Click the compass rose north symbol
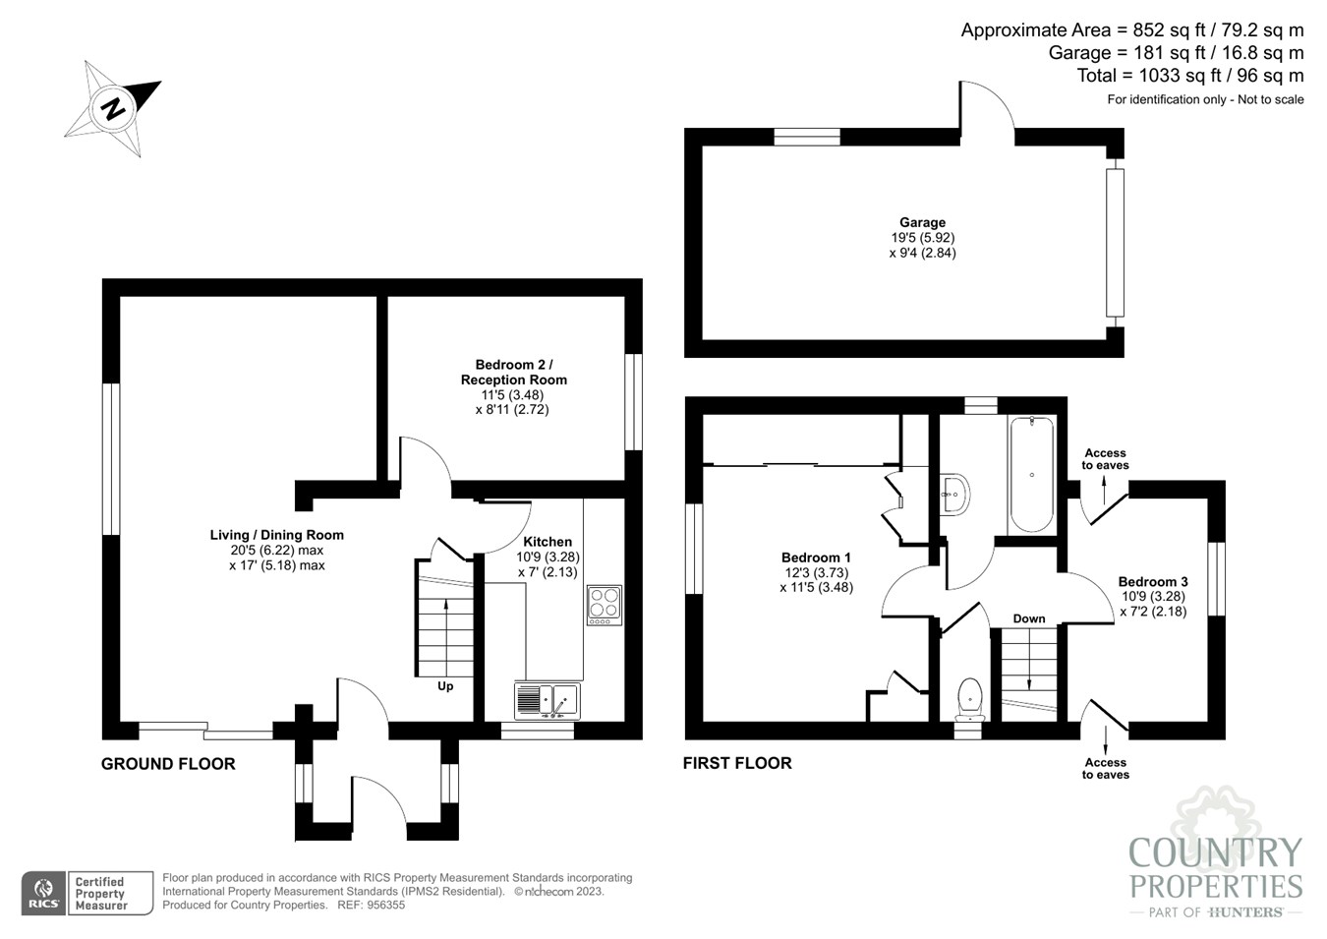(x=114, y=107)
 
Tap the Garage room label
(x=922, y=223)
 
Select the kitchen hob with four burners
(x=604, y=606)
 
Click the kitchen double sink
(x=548, y=700)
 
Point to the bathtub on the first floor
(x=1031, y=475)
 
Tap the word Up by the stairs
(x=445, y=686)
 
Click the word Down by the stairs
(x=1029, y=618)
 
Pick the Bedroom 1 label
(x=816, y=558)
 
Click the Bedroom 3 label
(x=1153, y=581)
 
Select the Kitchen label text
(x=548, y=542)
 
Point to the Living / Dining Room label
(x=277, y=535)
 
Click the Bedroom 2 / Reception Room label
(x=514, y=372)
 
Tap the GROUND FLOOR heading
(x=168, y=764)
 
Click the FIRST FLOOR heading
(x=737, y=763)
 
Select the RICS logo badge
(x=44, y=894)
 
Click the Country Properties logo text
(x=1216, y=868)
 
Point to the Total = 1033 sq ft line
(x=1189, y=76)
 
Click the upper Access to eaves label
(x=1105, y=459)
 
